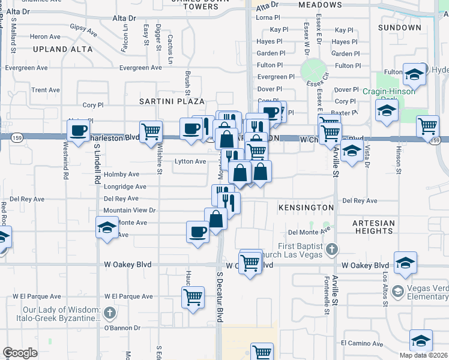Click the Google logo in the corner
[x=20, y=353]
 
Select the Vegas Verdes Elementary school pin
[x=397, y=292]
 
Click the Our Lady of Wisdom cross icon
[x=109, y=313]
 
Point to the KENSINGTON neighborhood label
[x=306, y=208]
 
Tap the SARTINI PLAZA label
[x=172, y=101]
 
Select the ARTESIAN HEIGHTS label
[x=374, y=227]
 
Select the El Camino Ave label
[x=361, y=343]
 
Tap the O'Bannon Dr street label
[x=122, y=328]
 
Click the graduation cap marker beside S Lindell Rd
[x=107, y=228]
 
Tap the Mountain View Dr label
[x=129, y=211]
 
